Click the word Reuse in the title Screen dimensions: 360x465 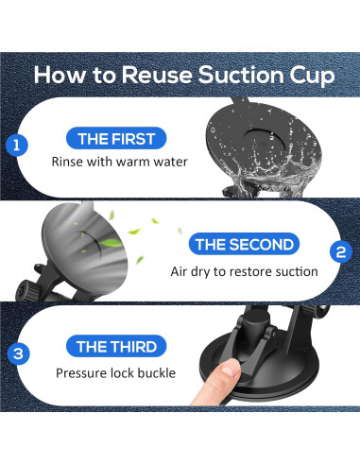tap(157, 75)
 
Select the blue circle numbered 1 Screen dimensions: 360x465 tap(17, 146)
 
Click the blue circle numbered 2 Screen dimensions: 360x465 tap(341, 252)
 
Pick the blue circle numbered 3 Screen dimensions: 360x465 tap(18, 353)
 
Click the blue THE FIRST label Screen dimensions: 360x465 tap(116, 139)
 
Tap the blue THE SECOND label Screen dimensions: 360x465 tap(244, 245)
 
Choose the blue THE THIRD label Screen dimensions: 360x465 tap(116, 347)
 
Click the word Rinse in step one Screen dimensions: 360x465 tap(66, 162)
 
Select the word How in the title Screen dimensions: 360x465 tap(60, 75)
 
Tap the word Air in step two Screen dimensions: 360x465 tap(179, 271)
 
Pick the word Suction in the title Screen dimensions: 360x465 tap(241, 75)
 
